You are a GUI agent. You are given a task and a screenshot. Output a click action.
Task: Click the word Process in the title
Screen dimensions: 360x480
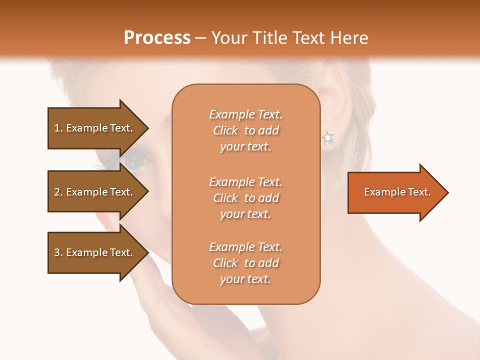157,38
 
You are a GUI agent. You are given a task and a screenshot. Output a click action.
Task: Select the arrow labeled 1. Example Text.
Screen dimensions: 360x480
95,128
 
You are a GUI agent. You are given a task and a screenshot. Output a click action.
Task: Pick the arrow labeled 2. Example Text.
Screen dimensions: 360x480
95,192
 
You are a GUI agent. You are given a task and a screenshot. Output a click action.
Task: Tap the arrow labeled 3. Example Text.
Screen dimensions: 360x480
95,252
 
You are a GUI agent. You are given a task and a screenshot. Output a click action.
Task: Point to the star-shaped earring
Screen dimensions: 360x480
328,137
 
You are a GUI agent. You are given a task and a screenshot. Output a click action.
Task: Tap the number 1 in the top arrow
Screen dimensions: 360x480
57,128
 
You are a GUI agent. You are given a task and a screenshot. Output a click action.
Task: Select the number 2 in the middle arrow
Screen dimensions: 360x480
57,192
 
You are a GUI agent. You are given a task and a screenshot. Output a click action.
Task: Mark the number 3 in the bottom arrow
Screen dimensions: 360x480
57,252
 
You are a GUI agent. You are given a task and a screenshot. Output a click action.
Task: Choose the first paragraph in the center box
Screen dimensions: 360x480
245,130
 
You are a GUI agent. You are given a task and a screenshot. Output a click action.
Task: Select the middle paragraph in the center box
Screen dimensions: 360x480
245,198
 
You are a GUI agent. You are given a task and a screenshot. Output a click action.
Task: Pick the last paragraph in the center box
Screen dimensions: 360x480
245,263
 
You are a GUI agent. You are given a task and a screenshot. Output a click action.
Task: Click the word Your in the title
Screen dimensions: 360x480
227,38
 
